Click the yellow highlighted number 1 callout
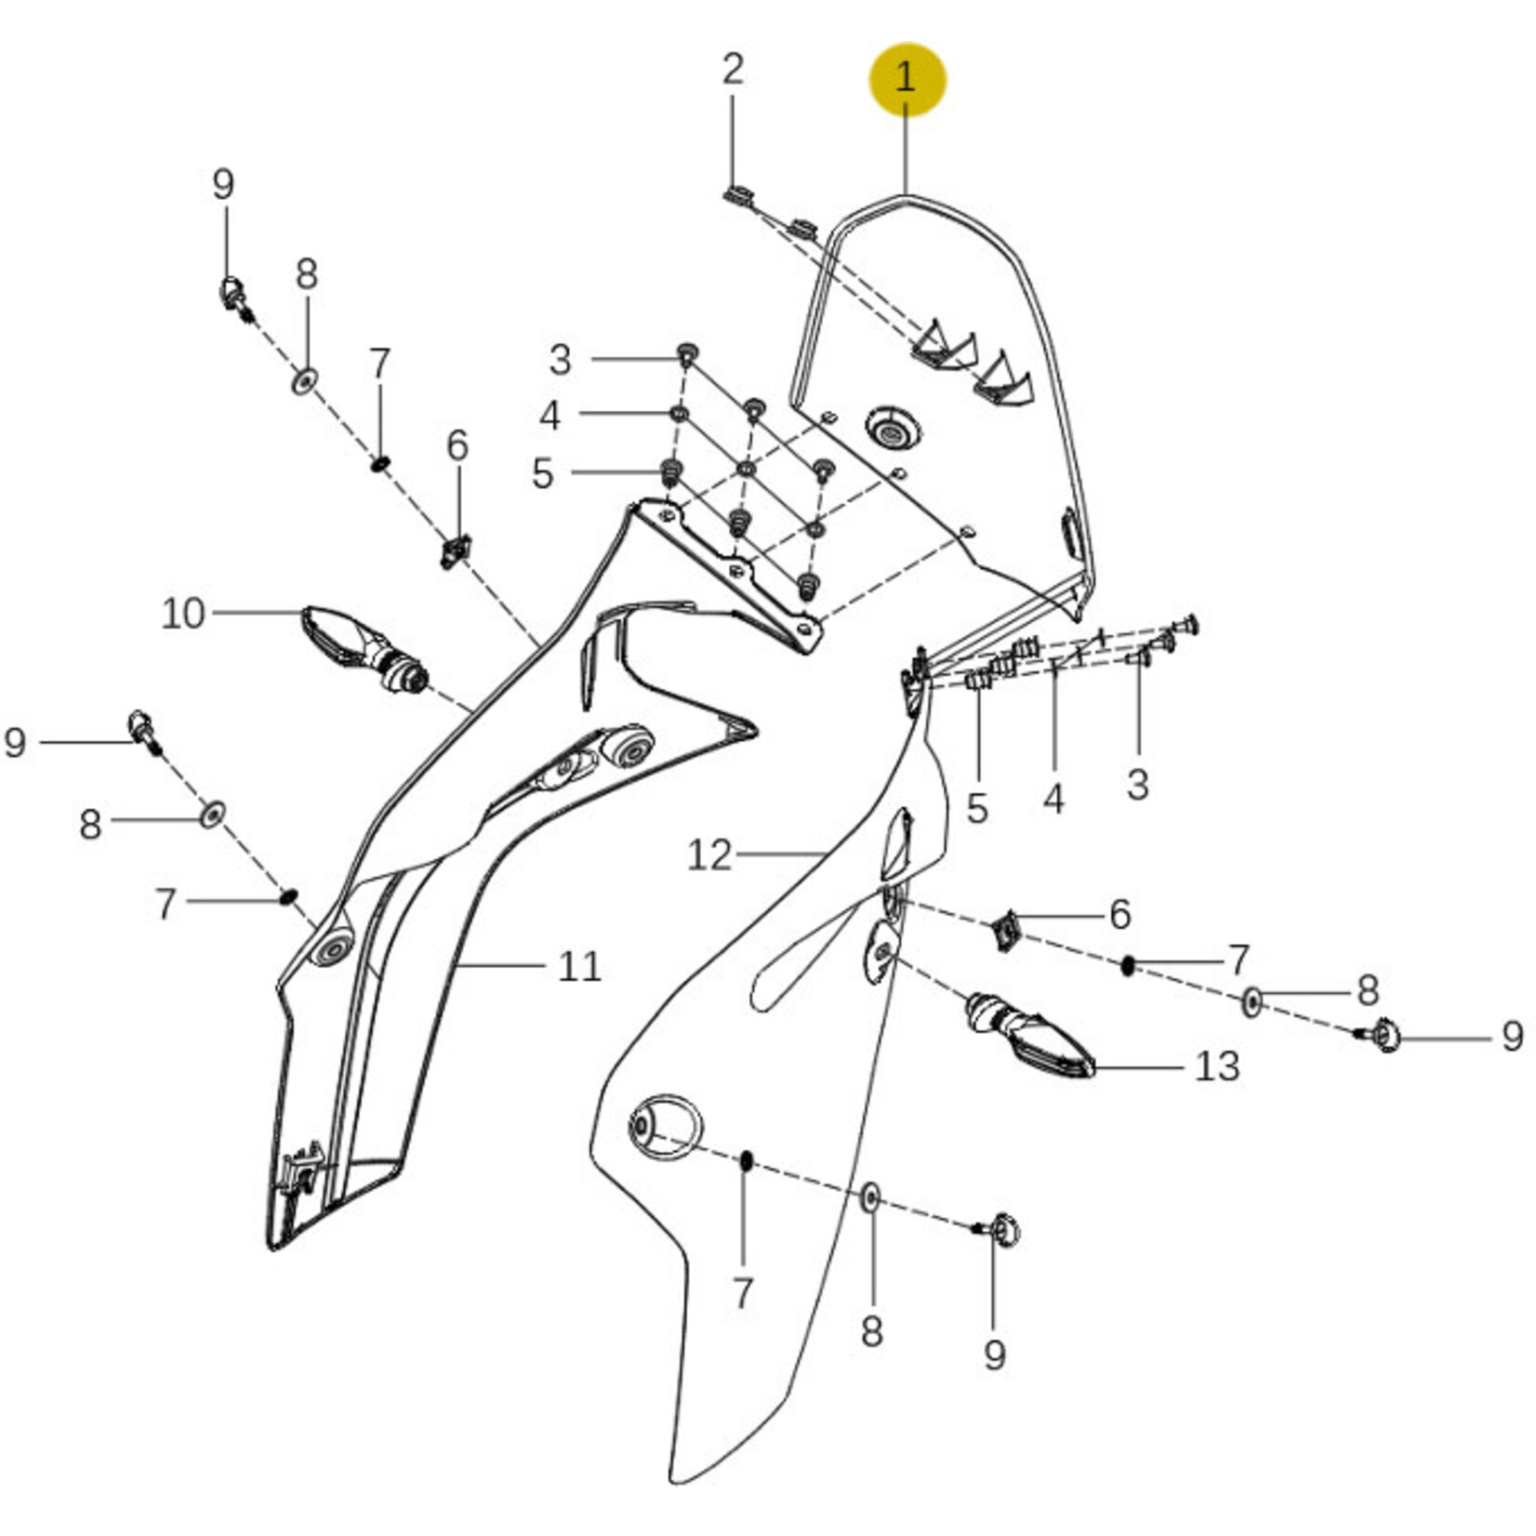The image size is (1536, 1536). [907, 79]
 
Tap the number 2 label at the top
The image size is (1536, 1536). [733, 70]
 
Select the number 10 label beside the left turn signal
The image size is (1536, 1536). [182, 614]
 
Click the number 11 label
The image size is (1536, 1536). [579, 967]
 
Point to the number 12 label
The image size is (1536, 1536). [709, 855]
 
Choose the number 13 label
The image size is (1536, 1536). [1217, 1066]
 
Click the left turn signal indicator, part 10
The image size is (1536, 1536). [365, 648]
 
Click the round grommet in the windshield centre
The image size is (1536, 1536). [893, 429]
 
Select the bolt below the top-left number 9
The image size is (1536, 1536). [233, 297]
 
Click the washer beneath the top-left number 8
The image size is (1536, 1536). [305, 380]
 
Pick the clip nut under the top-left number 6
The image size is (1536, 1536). [456, 551]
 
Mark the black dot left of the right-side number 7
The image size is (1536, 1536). [1129, 966]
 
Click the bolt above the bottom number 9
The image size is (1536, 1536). [999, 1231]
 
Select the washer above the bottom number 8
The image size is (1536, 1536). [870, 1198]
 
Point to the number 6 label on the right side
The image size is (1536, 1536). [1120, 915]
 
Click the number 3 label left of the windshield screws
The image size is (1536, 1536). [560, 360]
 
